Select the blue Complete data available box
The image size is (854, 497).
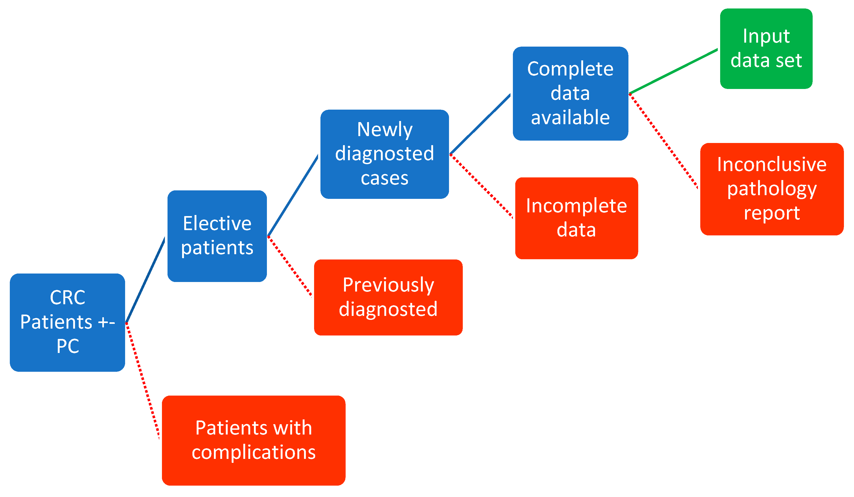pyautogui.click(x=570, y=93)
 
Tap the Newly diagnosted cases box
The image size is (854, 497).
pyautogui.click(x=384, y=154)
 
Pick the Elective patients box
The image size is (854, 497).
pyautogui.click(x=217, y=236)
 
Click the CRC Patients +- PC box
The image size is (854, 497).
pyautogui.click(x=67, y=322)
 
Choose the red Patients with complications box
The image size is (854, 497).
pyautogui.click(x=253, y=440)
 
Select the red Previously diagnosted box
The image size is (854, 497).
pyautogui.click(x=388, y=297)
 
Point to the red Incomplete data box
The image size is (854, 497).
pyautogui.click(x=576, y=218)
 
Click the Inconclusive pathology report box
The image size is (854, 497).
pyautogui.click(x=772, y=189)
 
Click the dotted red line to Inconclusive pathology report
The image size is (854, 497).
pyautogui.click(x=663, y=141)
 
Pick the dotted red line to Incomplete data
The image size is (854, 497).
pyautogui.click(x=481, y=186)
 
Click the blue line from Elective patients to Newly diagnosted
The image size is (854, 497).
pyautogui.click(x=293, y=196)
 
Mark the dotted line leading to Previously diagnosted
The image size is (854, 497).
pyautogui.click(x=289, y=266)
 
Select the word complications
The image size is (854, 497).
pyautogui.click(x=253, y=452)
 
